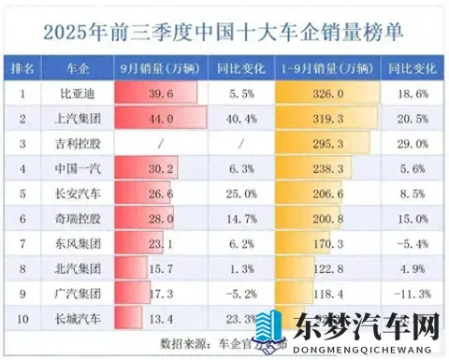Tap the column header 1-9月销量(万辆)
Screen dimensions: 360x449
326,69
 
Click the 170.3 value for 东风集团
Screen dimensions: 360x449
326,241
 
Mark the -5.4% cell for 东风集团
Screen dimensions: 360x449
408,241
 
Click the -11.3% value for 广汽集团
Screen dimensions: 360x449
408,290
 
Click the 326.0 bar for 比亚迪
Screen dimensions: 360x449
326,94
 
